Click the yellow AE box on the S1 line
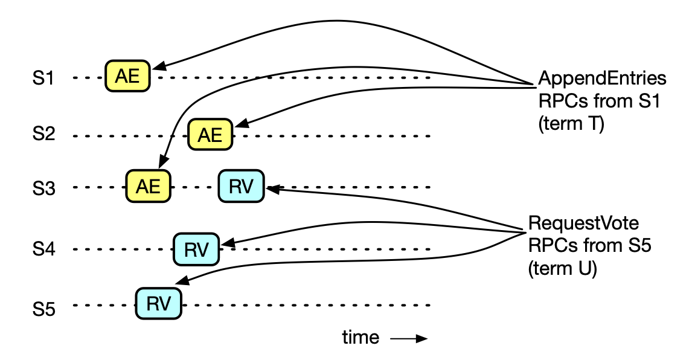pos(127,76)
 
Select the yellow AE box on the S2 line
pos(211,135)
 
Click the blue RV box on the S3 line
pos(241,186)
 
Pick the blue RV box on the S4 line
pos(196,249)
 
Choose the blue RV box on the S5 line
pos(159,304)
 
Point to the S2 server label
pos(44,134)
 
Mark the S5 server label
pos(44,310)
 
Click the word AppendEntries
pos(602,79)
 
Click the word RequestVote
pos(583,223)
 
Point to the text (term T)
pos(571,126)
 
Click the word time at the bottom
pos(360,337)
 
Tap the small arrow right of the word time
pos(409,338)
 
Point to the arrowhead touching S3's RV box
pos(270,189)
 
